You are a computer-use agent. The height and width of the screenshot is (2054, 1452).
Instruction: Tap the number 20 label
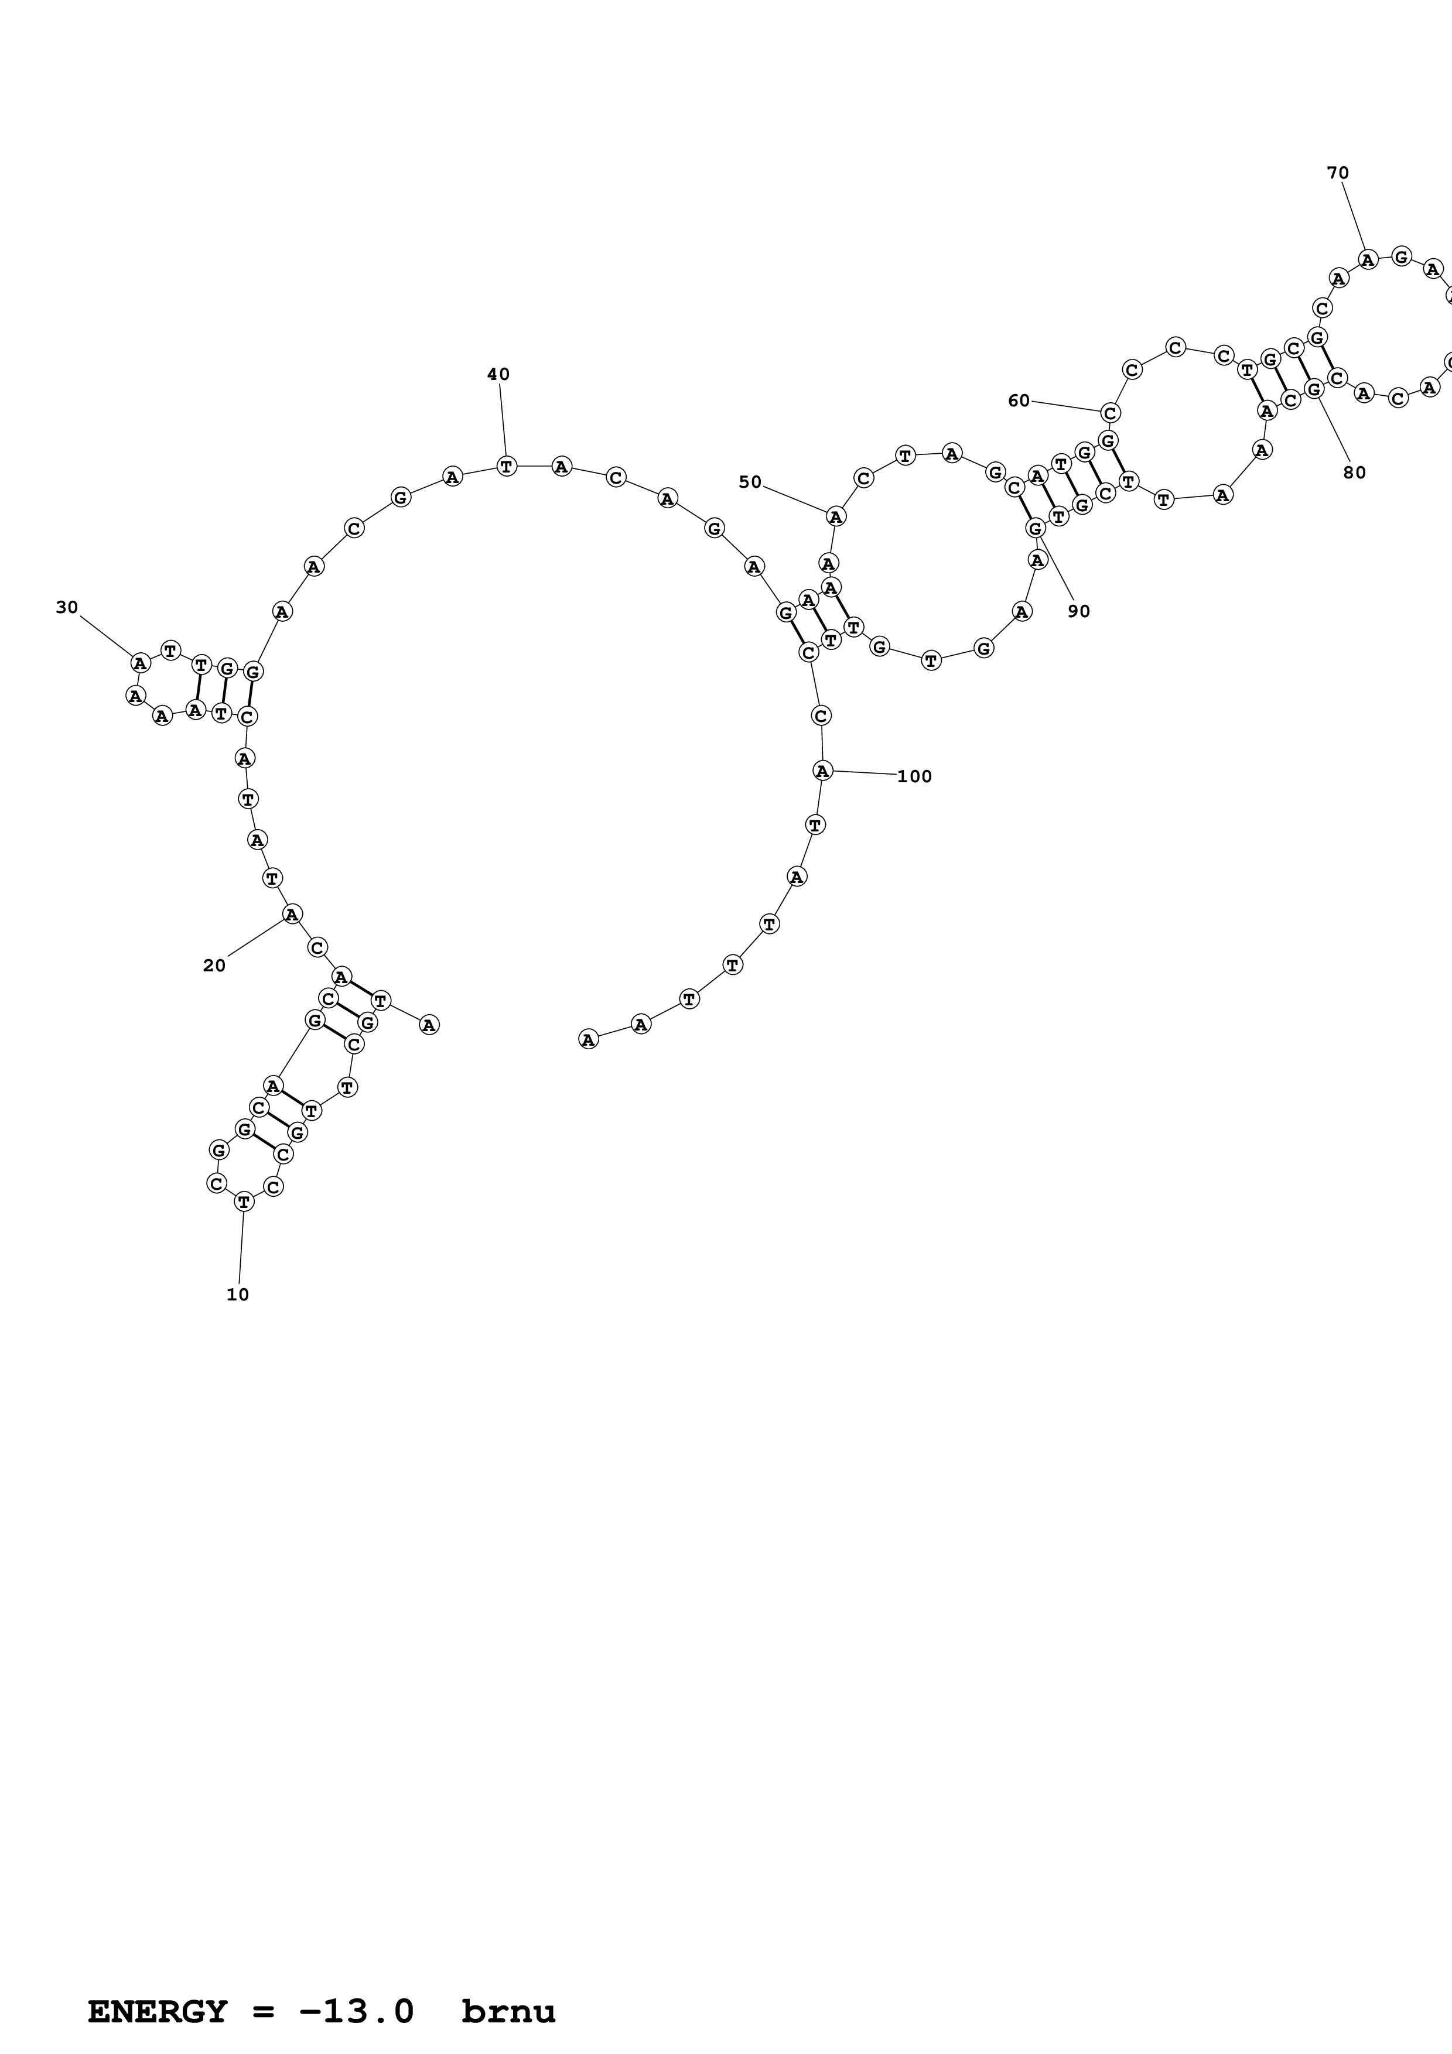pos(214,966)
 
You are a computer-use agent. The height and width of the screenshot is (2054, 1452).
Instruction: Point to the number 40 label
pos(498,374)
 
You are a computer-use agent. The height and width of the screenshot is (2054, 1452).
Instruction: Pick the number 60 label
pos(1019,400)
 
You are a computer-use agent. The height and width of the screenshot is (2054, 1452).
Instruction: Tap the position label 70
pos(1337,173)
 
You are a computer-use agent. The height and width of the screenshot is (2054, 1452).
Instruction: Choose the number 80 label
pos(1355,473)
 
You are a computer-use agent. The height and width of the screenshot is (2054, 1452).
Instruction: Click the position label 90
pos(1079,611)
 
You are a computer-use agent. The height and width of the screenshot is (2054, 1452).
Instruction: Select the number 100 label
pos(914,776)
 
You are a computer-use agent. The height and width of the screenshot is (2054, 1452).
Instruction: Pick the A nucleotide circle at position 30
pos(139,663)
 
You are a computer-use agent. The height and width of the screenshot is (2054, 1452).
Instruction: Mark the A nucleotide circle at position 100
pos(822,771)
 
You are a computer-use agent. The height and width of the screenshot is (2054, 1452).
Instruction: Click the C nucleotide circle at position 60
pos(1111,412)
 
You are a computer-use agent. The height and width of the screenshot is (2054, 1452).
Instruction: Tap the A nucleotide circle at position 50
pos(836,516)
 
